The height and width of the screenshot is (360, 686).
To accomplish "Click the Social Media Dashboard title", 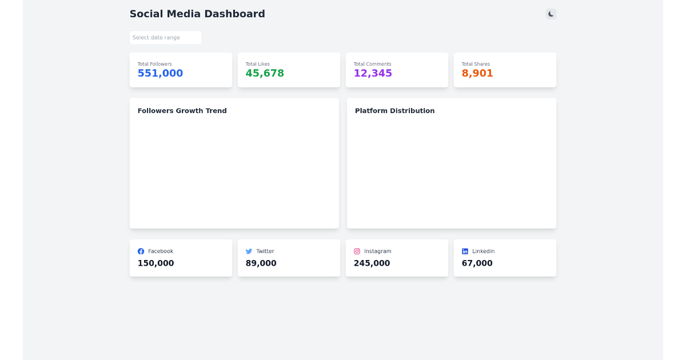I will tap(197, 14).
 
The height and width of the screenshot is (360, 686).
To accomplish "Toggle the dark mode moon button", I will tap(551, 14).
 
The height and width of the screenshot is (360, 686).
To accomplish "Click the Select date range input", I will tap(166, 38).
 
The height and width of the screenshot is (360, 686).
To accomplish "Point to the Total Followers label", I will tap(154, 64).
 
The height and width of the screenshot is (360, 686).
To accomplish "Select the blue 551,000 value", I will tap(160, 73).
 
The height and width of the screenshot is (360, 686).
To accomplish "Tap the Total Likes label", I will tap(257, 64).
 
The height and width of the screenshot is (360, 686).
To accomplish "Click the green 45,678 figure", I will tap(265, 73).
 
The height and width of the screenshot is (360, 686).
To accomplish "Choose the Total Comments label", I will tap(372, 64).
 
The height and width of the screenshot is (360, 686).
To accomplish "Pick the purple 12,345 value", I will tap(373, 73).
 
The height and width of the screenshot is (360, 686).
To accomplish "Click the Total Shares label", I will tap(476, 64).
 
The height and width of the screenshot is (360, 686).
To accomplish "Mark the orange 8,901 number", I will tap(477, 73).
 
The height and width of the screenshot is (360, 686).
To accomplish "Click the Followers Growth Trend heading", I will tap(182, 111).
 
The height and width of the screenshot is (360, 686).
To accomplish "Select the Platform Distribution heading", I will tap(394, 111).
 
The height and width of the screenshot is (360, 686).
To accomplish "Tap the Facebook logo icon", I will tap(141, 251).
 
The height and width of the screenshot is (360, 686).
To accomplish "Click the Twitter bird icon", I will tap(249, 251).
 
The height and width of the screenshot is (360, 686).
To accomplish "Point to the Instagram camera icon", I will tap(357, 251).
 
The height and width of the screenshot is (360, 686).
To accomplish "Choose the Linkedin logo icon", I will tap(465, 251).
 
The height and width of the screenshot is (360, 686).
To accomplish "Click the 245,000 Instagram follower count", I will tap(372, 263).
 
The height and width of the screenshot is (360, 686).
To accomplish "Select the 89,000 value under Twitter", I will tap(261, 263).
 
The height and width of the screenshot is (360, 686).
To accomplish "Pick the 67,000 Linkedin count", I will tap(477, 263).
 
